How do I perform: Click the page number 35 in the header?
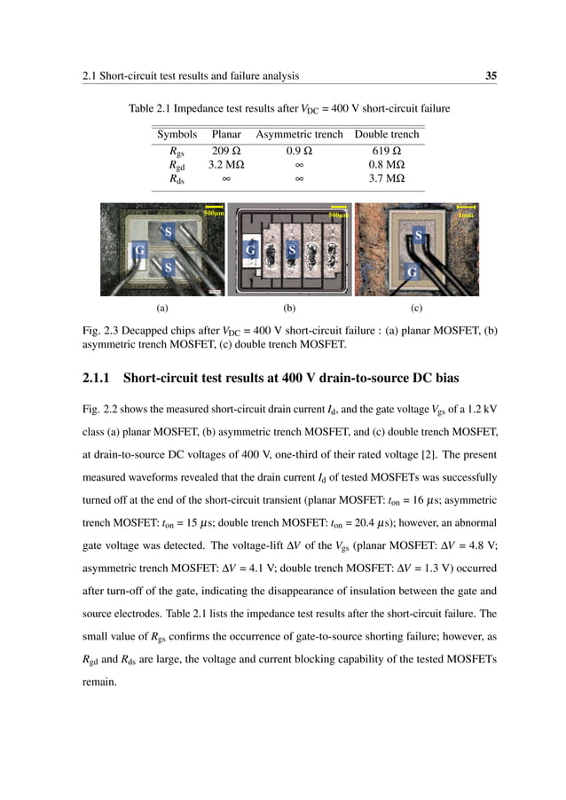[490, 76]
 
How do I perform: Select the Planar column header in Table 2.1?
[226, 134]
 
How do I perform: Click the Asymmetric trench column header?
[298, 134]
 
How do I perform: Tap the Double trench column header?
[386, 134]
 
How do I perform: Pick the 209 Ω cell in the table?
[226, 150]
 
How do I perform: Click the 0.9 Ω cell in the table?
[298, 150]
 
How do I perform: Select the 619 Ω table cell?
[386, 150]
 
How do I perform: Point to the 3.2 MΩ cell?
[226, 164]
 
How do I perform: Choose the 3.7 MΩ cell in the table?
[386, 178]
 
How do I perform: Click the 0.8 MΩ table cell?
[386, 164]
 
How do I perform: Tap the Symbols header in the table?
[177, 134]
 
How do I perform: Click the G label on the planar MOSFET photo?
[138, 251]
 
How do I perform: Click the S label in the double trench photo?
[419, 236]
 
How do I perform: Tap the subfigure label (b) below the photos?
[288, 309]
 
